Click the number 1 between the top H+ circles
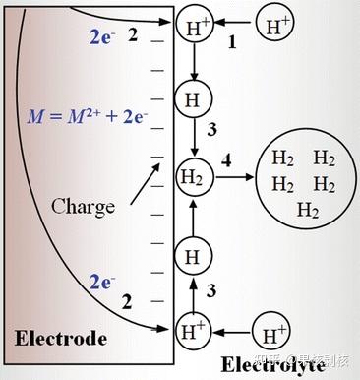(x=233, y=43)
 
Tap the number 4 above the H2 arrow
(x=226, y=158)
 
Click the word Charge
(x=84, y=206)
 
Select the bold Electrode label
(x=60, y=339)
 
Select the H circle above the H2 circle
(x=190, y=98)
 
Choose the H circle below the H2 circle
(x=190, y=258)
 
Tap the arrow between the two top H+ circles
(x=232, y=24)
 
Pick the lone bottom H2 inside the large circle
(x=307, y=210)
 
